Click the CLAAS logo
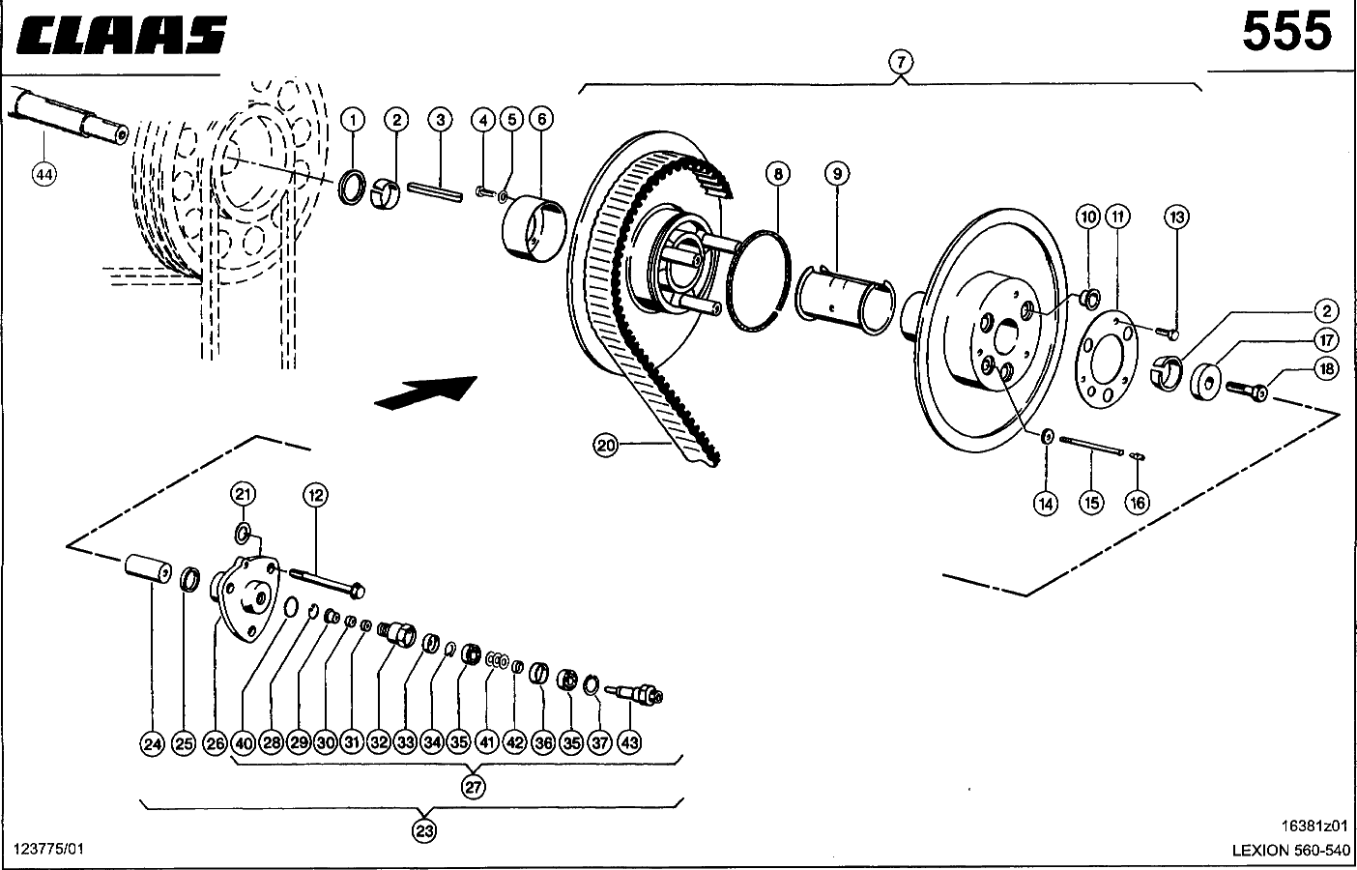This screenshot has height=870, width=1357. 121,34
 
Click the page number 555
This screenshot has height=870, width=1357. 1286,32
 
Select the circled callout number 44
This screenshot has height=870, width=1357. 44,175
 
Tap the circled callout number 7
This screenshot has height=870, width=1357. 901,62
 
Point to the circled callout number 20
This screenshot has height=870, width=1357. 606,446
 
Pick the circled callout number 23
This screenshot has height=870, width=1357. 424,830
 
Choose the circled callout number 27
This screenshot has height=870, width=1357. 474,787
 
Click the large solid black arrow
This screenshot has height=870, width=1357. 426,392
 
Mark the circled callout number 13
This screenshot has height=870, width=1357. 1177,217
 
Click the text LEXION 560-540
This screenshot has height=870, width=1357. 1291,850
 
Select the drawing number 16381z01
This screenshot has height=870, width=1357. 1314,826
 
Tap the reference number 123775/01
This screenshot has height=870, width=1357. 48,849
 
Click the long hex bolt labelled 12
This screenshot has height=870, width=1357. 327,583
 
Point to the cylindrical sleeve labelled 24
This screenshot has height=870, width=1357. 148,568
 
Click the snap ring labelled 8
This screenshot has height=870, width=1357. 758,280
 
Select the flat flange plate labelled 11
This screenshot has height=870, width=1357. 1107,360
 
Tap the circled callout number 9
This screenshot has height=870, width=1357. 837,174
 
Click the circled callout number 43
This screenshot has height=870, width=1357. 629,742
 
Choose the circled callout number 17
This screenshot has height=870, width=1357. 1326,340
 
